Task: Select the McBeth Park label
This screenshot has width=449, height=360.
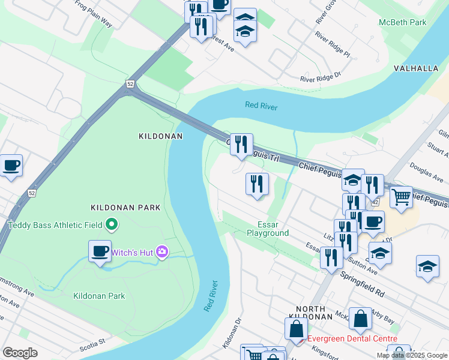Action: pos(402,22)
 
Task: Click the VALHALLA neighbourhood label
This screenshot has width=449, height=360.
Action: pos(416,68)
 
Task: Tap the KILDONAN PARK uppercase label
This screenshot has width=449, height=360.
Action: pos(125,208)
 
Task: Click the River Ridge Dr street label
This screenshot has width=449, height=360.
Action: pos(320,77)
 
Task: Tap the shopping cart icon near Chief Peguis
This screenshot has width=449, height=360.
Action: pos(401,196)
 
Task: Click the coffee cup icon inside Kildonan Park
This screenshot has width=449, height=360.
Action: pos(100,250)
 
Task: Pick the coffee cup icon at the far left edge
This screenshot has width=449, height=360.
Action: pos(10,164)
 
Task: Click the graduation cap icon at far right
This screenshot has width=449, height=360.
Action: pos(427,266)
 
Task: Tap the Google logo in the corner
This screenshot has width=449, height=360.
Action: pos(20,353)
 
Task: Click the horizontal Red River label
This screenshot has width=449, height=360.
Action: pos(261,106)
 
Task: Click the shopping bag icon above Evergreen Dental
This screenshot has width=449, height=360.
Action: pos(361,320)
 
